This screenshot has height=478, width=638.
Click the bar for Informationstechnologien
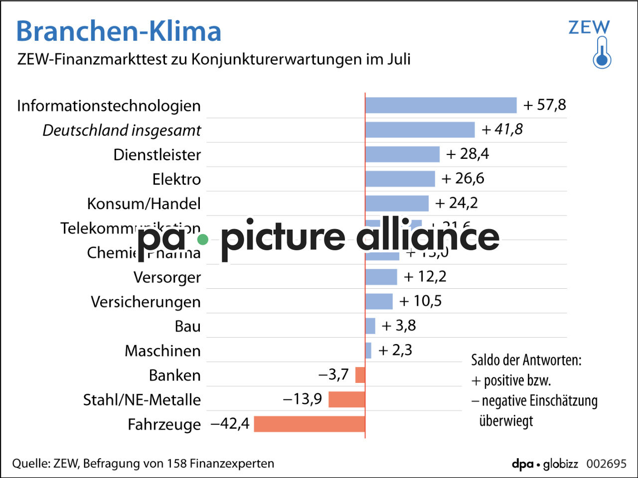point(441,105)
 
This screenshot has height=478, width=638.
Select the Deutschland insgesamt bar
point(420,129)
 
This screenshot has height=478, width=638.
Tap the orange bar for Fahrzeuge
point(309,424)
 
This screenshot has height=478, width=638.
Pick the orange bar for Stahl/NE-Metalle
point(346,399)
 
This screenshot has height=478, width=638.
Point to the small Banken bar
point(360,374)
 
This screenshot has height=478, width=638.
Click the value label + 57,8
point(545,105)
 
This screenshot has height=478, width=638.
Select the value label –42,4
point(230,424)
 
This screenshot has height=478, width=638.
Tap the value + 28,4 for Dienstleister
point(468,154)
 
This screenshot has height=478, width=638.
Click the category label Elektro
point(176,179)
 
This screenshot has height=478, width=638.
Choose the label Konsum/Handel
point(144,203)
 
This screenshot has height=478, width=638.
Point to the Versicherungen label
point(146,302)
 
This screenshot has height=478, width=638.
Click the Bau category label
point(187,326)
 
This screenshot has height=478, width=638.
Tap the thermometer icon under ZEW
point(602,53)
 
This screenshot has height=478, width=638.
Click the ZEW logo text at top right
point(589,27)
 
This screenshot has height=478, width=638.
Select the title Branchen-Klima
point(119,31)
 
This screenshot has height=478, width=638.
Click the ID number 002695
point(606,464)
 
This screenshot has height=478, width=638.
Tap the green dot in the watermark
point(202,239)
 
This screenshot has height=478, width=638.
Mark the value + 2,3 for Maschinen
point(395,350)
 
